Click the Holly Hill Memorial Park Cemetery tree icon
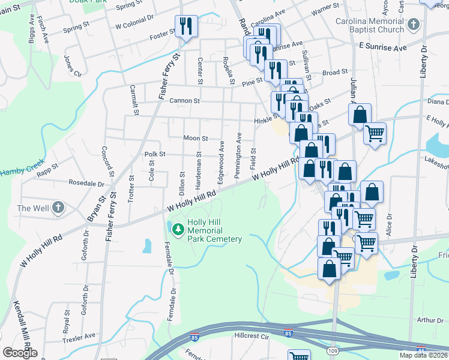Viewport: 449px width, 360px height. (178, 229)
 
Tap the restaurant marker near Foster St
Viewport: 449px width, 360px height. (185, 26)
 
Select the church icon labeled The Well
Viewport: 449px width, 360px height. (58, 208)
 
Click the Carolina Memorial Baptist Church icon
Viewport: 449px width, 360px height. (413, 25)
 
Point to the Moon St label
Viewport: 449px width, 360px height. (195, 139)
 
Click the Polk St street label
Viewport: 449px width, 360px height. (154, 154)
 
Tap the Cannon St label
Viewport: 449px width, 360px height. (184, 101)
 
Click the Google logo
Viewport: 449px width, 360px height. (20, 353)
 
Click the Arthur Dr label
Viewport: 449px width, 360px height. (430, 320)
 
